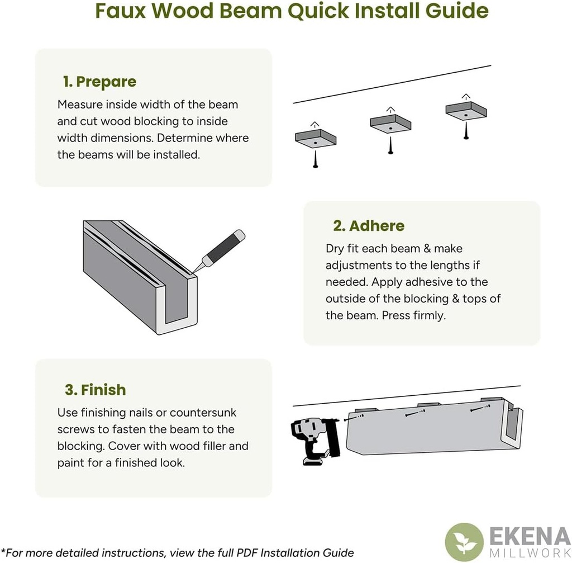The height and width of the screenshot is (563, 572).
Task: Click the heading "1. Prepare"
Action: [99, 82]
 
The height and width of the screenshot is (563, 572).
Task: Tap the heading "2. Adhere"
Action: [369, 226]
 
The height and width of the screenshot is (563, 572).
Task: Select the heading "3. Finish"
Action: [96, 390]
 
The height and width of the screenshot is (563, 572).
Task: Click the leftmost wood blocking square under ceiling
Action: [316, 139]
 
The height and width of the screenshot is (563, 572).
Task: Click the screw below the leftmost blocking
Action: [316, 159]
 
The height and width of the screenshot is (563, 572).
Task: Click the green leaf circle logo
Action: [464, 542]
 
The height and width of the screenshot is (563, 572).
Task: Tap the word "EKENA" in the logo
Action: [530, 537]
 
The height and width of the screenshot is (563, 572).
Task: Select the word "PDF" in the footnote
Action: [247, 553]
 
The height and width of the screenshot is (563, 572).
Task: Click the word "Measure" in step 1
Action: [80, 105]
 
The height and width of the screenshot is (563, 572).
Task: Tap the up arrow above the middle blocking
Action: [390, 110]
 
